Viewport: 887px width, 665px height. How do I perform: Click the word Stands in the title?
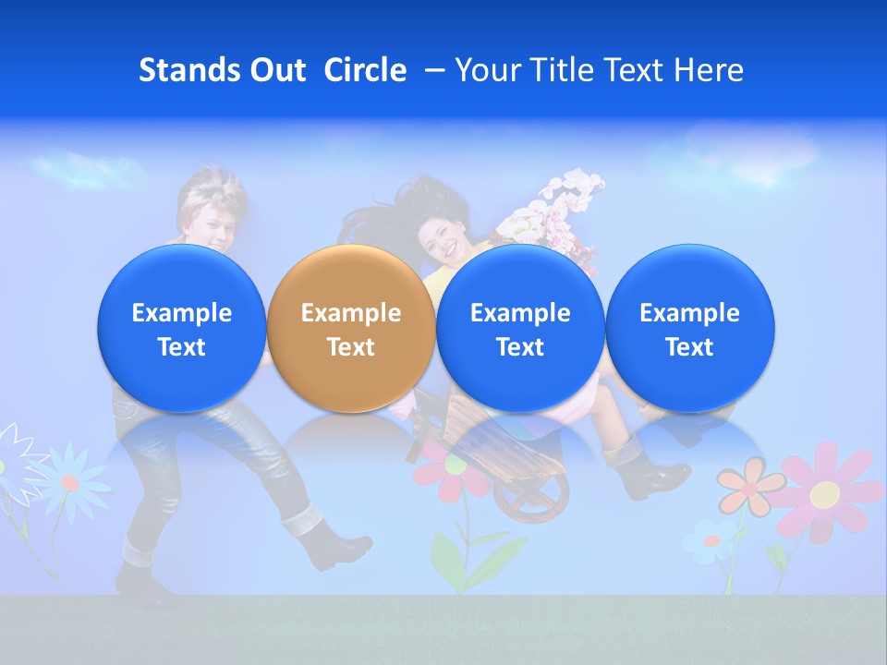(190, 70)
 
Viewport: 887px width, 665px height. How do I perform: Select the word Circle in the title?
(365, 70)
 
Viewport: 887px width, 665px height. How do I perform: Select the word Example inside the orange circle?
(351, 313)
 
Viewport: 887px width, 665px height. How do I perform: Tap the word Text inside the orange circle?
(351, 347)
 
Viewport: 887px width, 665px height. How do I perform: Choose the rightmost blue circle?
(689, 328)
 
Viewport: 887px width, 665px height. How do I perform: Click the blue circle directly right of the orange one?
(520, 328)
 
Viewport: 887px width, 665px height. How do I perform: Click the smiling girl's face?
(442, 236)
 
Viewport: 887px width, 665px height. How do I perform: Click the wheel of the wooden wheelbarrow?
(532, 500)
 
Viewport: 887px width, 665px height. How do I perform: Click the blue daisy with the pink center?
(70, 479)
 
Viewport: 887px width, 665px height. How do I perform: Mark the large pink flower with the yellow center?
(826, 492)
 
